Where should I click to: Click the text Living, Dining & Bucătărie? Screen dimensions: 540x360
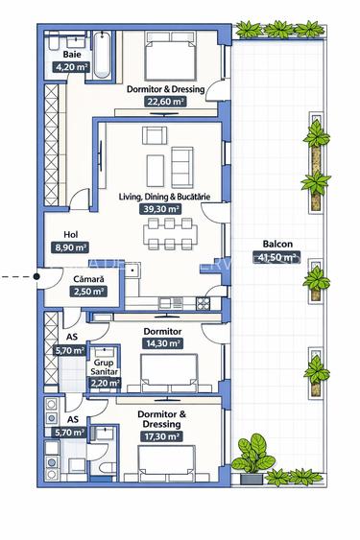point(164,196)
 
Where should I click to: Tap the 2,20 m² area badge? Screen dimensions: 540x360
point(105,383)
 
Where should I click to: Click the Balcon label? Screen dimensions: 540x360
point(276,244)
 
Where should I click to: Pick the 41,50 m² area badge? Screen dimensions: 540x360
point(276,256)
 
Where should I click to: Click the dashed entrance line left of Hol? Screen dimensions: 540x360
point(14,277)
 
